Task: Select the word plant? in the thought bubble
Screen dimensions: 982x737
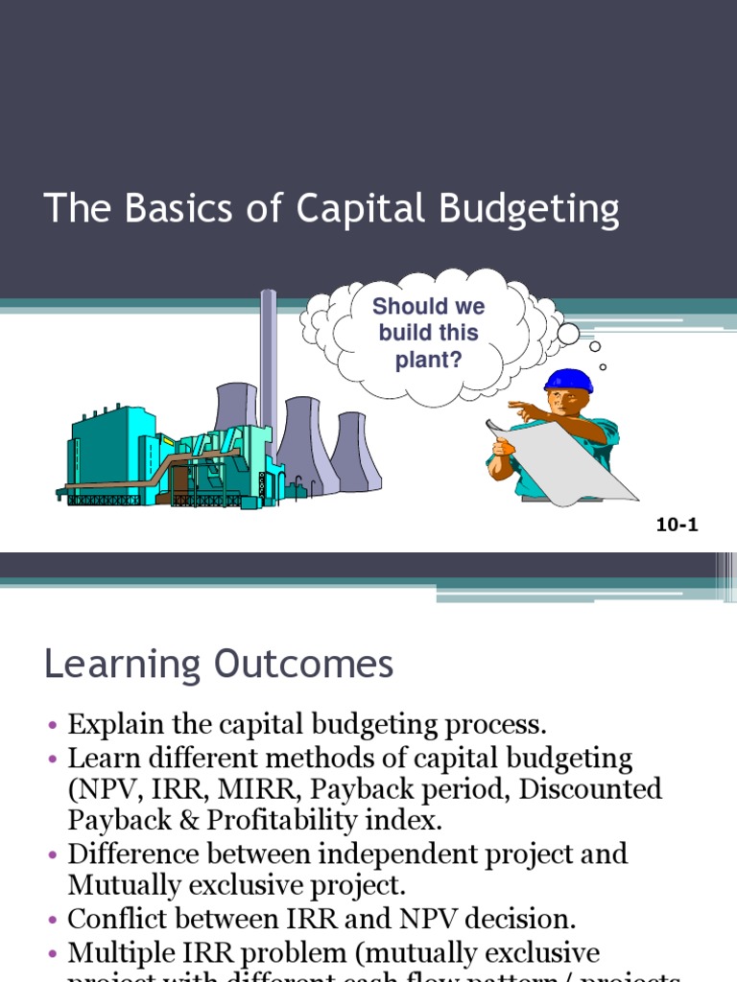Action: pyautogui.click(x=428, y=360)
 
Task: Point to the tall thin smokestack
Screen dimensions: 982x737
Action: pyautogui.click(x=269, y=364)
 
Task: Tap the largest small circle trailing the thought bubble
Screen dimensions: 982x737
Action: pyautogui.click(x=568, y=334)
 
